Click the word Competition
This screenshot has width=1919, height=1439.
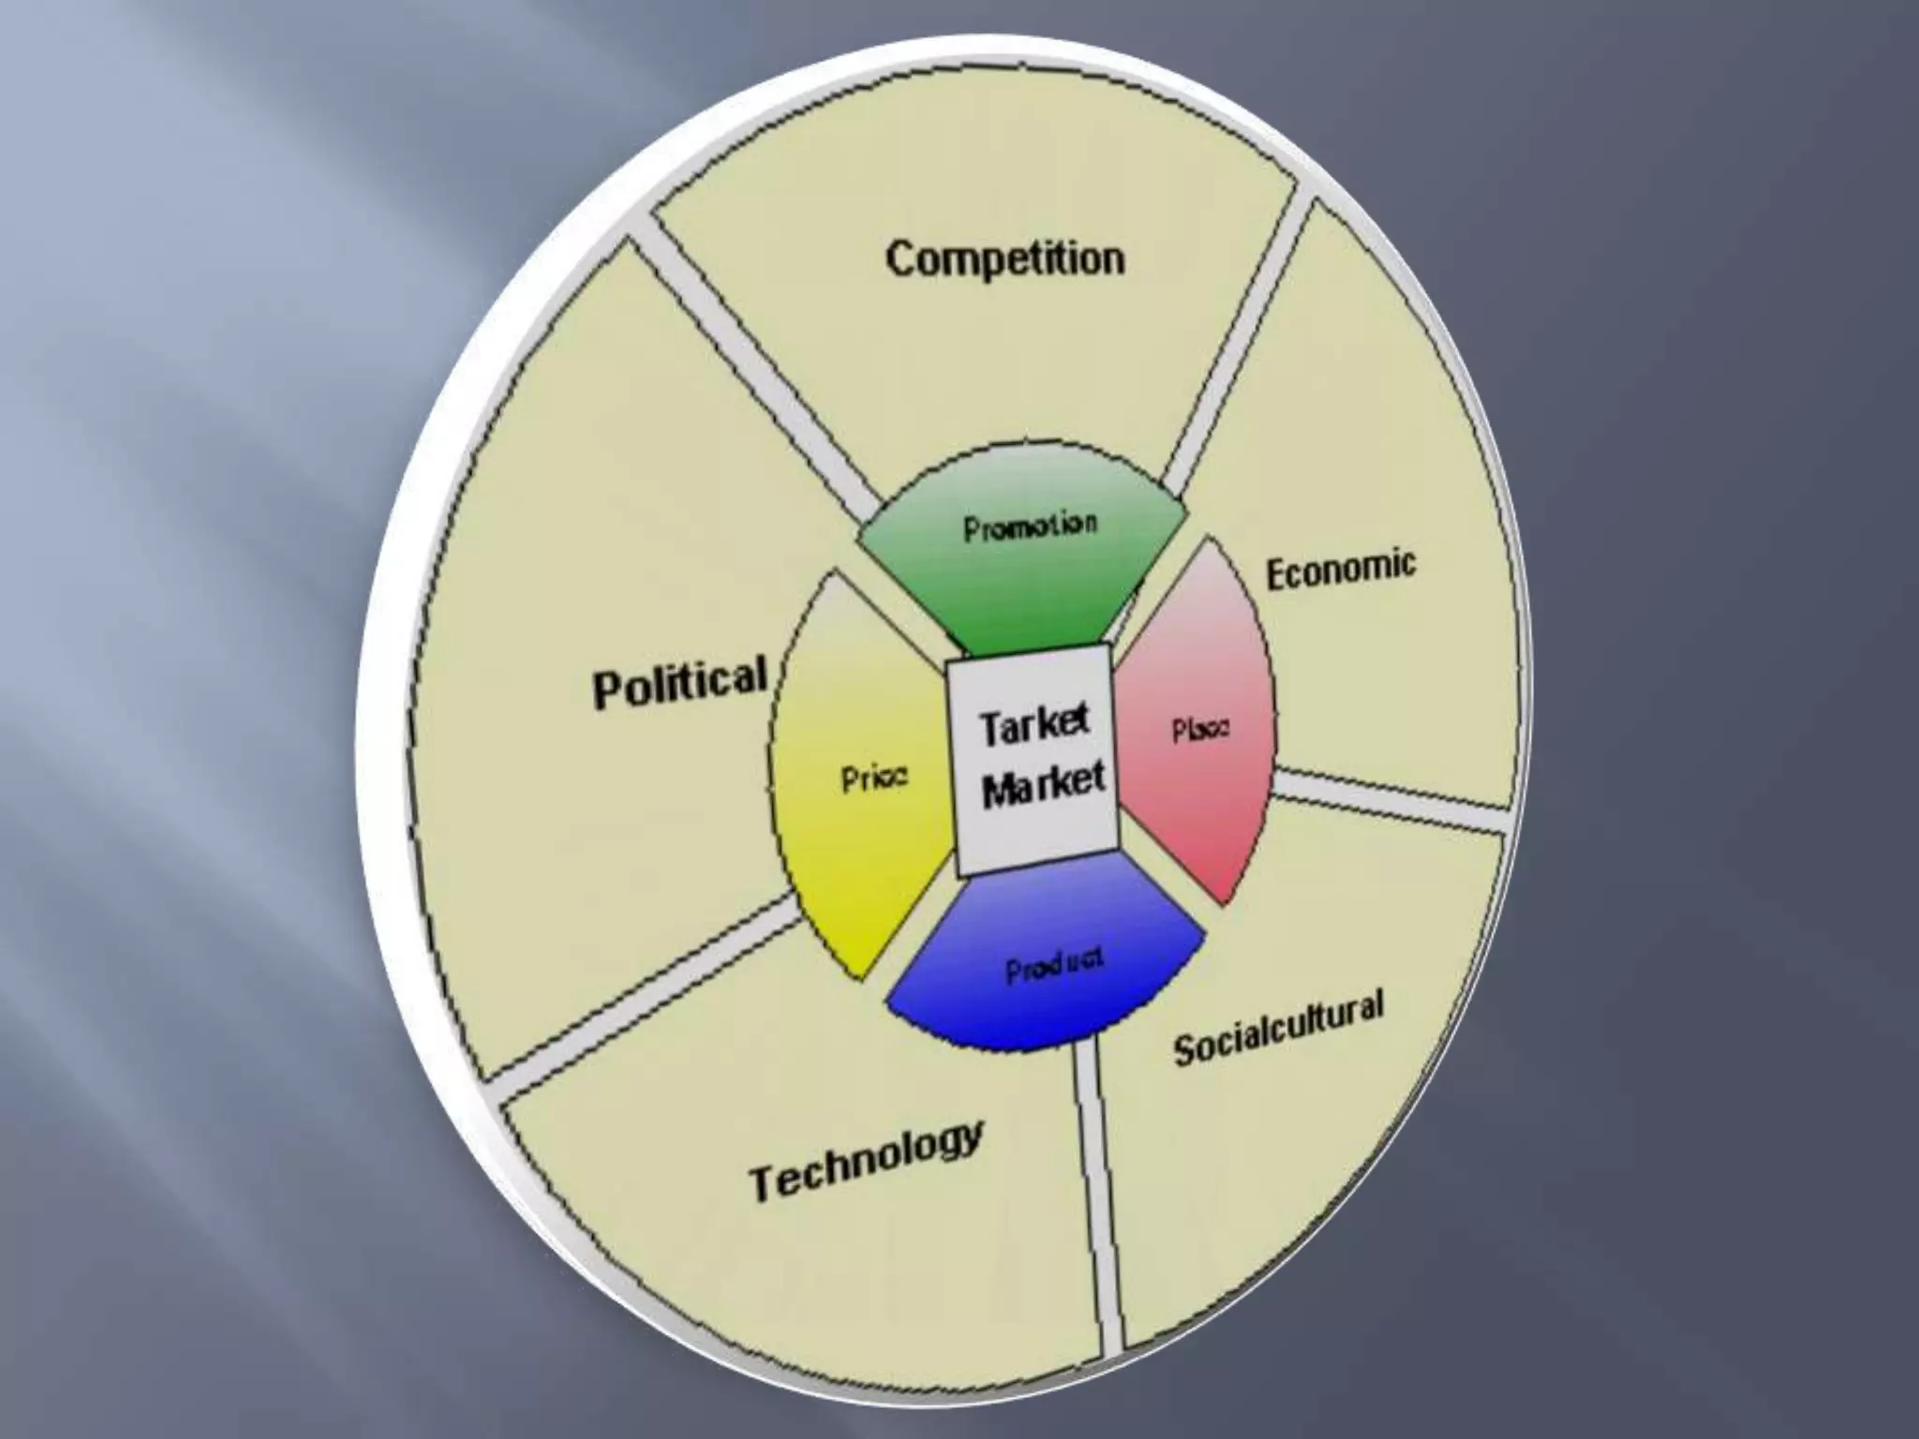click(x=1004, y=259)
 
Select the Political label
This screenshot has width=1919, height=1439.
click(x=680, y=682)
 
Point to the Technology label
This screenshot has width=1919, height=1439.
click(x=866, y=1159)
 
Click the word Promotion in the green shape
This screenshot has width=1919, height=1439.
click(x=1029, y=527)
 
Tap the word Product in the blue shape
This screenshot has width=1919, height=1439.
click(x=1054, y=965)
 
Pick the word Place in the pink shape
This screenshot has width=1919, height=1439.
click(x=1200, y=730)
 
